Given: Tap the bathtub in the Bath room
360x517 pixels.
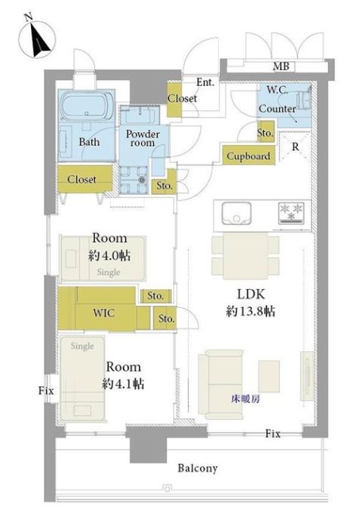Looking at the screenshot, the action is (88, 106).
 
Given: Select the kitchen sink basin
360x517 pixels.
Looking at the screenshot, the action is (236, 214).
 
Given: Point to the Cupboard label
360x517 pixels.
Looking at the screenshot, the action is (248, 156).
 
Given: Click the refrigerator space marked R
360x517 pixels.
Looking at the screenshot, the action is (295, 146).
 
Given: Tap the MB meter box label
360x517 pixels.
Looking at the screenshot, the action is (281, 66).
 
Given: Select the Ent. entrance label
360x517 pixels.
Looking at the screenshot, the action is (205, 82).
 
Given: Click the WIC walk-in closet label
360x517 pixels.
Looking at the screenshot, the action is (103, 312).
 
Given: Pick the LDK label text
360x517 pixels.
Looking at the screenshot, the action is (251, 294).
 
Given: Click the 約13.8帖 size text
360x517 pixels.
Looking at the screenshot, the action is (251, 311).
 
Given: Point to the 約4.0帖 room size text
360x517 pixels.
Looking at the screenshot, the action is (109, 255).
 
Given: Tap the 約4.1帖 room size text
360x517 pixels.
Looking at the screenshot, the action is (123, 383).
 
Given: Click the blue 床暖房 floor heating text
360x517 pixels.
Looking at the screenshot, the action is (245, 399).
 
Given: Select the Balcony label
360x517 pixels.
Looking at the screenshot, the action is (198, 468).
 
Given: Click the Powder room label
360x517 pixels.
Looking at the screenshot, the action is (143, 138).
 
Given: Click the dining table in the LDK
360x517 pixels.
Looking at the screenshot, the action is (245, 256).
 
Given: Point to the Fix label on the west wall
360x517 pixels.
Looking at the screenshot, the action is (46, 391).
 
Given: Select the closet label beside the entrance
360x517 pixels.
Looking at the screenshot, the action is (182, 98).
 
